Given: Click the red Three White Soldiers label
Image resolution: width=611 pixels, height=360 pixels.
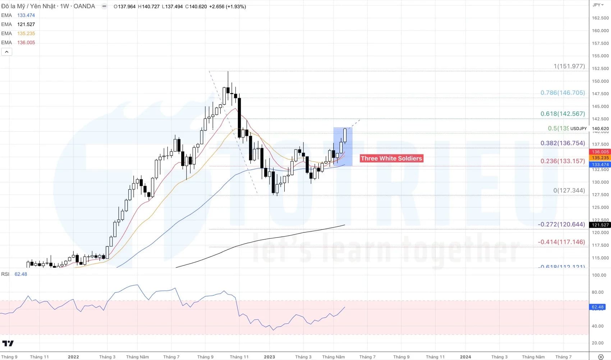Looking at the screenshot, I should [x=391, y=158].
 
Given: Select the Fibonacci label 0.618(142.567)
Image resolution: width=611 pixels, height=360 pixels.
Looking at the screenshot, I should [x=562, y=114].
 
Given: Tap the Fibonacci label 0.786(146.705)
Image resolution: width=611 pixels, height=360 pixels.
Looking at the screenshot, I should [x=562, y=93].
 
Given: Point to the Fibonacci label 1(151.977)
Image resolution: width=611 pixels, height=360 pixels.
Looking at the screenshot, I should [x=569, y=66].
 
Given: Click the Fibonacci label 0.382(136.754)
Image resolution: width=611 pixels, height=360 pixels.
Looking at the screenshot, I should [x=562, y=143].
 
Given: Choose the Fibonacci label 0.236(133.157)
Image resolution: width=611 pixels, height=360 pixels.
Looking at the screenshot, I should [x=562, y=161].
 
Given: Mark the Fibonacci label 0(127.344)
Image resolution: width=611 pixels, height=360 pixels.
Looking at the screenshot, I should [x=569, y=190].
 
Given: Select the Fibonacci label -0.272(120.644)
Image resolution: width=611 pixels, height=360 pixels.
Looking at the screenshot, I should [x=561, y=224].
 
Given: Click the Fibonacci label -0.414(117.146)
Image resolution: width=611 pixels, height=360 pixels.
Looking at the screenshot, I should [x=561, y=242].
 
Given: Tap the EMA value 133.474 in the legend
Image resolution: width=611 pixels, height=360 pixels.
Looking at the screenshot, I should [x=26, y=15].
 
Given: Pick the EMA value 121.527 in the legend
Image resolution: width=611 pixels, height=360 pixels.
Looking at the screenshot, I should [x=26, y=24].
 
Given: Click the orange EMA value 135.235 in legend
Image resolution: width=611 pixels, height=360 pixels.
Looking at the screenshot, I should [x=26, y=33].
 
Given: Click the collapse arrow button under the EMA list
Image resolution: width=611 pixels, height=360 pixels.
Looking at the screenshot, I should [x=6, y=52].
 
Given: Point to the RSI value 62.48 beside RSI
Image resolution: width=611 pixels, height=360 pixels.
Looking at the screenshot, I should [x=21, y=274].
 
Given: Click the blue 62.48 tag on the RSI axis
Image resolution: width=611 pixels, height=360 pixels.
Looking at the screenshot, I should [x=598, y=307].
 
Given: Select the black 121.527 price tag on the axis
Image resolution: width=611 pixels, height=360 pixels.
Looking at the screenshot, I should [x=600, y=225].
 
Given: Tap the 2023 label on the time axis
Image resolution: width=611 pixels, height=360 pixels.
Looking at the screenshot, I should [x=269, y=357].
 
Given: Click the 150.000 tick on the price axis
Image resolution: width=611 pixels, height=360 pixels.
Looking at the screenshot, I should [x=600, y=81].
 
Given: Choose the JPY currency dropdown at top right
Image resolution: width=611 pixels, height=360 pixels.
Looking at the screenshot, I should [x=598, y=5].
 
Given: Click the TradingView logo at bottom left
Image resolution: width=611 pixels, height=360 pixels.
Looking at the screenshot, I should [x=8, y=343].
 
